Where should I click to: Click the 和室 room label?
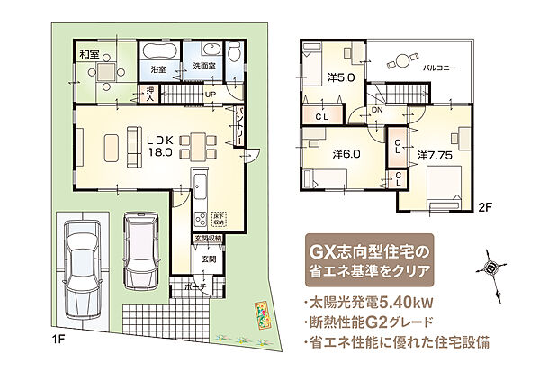(x=88, y=53)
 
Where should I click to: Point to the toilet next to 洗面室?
(x=233, y=52)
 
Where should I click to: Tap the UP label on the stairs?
(x=210, y=94)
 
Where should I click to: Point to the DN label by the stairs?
(x=378, y=110)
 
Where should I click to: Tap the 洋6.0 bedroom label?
(x=346, y=153)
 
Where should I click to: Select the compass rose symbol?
(x=490, y=267)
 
